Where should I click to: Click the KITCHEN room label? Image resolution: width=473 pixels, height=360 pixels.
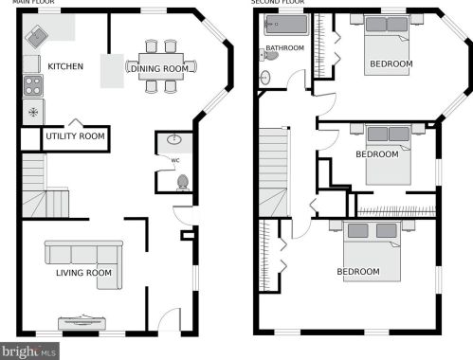(x=65, y=66)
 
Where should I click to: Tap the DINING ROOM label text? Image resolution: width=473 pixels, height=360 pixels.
(x=159, y=68)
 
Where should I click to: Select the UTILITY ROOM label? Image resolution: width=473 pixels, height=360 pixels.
(x=75, y=136)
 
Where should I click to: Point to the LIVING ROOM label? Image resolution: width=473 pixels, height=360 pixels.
(x=83, y=273)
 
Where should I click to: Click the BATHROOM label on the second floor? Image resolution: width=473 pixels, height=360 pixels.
(x=284, y=48)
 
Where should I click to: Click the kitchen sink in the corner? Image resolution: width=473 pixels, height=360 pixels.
(x=37, y=37)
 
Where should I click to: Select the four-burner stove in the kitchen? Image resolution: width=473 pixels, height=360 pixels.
(x=33, y=85)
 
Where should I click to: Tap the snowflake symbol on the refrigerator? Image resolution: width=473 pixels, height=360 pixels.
(x=33, y=112)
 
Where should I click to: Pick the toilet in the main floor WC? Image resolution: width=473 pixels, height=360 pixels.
(x=183, y=183)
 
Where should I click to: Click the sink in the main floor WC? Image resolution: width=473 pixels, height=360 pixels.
(x=174, y=139)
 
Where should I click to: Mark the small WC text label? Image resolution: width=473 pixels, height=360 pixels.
(x=175, y=160)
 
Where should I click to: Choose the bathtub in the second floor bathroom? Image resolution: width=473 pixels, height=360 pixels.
(x=286, y=24)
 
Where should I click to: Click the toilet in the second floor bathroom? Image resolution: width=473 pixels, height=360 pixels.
(x=269, y=55)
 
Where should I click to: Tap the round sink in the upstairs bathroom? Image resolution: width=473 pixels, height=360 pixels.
(x=265, y=77)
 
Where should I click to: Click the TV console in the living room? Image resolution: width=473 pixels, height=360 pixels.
(x=82, y=323)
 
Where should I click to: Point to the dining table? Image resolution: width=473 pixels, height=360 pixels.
(x=161, y=66)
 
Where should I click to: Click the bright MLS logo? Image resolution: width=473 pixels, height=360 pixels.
(x=29, y=351)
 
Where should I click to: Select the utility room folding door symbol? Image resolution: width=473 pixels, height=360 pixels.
(x=75, y=122)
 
